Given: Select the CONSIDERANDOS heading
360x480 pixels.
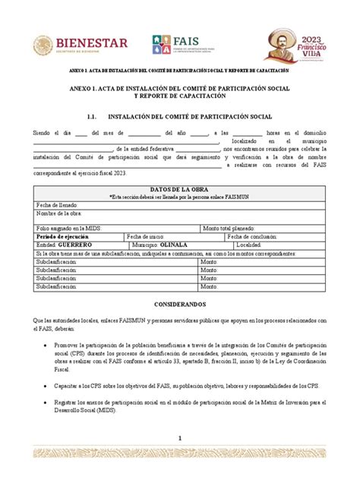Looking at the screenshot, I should point(179,301).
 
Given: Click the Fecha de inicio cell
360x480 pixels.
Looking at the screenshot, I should point(150,237).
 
